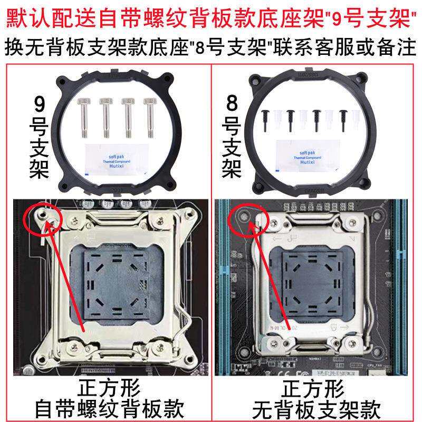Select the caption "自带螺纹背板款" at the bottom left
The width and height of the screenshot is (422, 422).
[109, 408]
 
